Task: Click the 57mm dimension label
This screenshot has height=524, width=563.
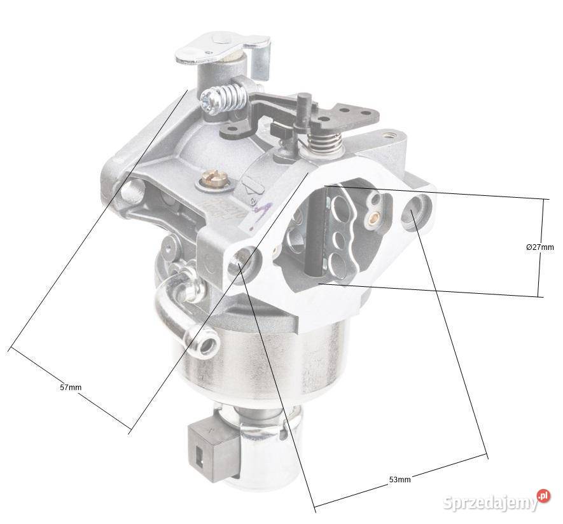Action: click(71, 387)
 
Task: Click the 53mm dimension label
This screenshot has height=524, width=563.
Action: click(400, 479)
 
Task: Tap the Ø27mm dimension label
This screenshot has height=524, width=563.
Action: click(539, 247)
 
